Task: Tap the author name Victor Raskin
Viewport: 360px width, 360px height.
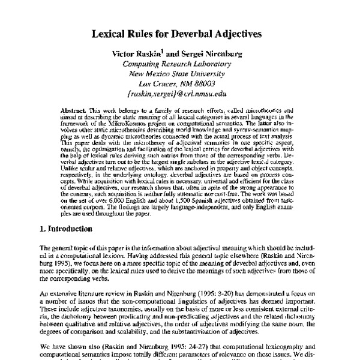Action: [x=140, y=54]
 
